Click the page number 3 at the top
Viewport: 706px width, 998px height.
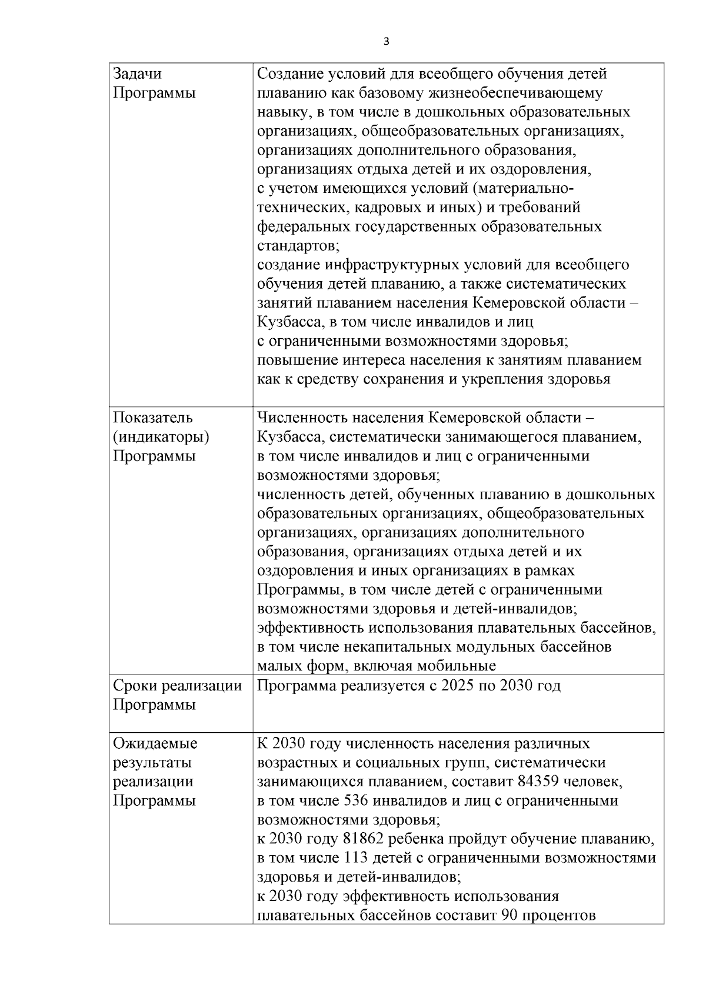(386, 41)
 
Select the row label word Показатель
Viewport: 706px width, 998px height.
(152, 418)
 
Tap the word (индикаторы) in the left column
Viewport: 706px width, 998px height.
(161, 437)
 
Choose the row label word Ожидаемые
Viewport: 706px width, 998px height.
(155, 743)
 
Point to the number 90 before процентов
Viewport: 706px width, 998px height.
(508, 916)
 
